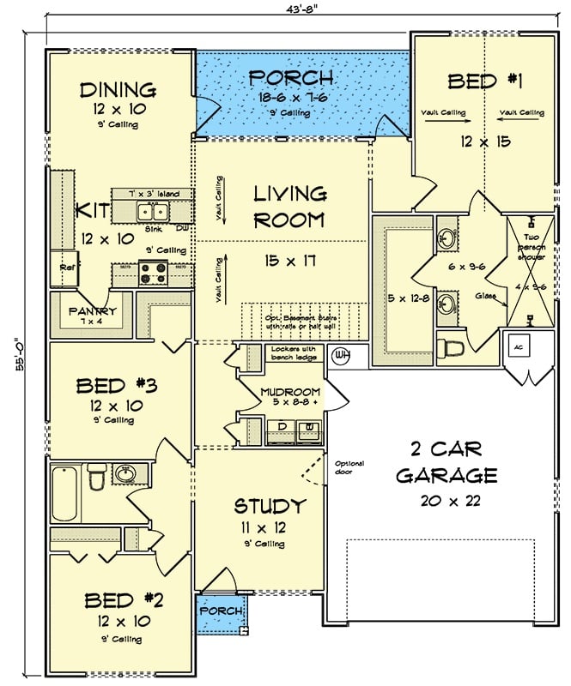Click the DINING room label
coord(118,90)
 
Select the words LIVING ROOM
coord(289,207)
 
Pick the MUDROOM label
coord(289,393)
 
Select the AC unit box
coord(519,346)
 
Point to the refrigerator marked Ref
coord(64,265)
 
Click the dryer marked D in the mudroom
coord(280,429)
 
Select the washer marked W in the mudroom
coord(307,429)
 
